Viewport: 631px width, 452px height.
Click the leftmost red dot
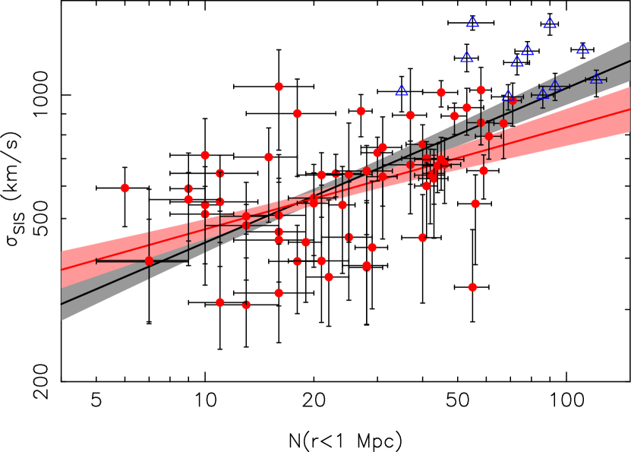point(125,188)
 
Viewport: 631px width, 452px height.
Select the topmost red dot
point(279,87)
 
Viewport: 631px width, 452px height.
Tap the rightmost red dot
point(513,100)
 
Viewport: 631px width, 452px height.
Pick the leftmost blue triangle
point(402,90)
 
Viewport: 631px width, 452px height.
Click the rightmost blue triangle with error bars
point(596,78)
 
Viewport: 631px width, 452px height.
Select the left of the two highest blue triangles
point(472,22)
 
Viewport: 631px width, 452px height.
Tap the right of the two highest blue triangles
point(550,24)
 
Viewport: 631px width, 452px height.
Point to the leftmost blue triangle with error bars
point(508,96)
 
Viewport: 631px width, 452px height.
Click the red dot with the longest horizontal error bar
point(149,261)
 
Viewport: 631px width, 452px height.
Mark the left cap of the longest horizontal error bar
point(96,261)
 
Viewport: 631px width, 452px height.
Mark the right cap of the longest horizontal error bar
point(188,261)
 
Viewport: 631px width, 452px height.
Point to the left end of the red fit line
point(62,269)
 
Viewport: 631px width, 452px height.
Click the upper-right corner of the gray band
point(629,41)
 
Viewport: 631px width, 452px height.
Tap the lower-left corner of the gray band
point(62,320)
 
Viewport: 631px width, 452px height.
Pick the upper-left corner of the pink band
point(62,251)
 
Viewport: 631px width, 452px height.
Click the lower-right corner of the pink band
point(629,133)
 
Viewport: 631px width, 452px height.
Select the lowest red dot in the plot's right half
point(472,287)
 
